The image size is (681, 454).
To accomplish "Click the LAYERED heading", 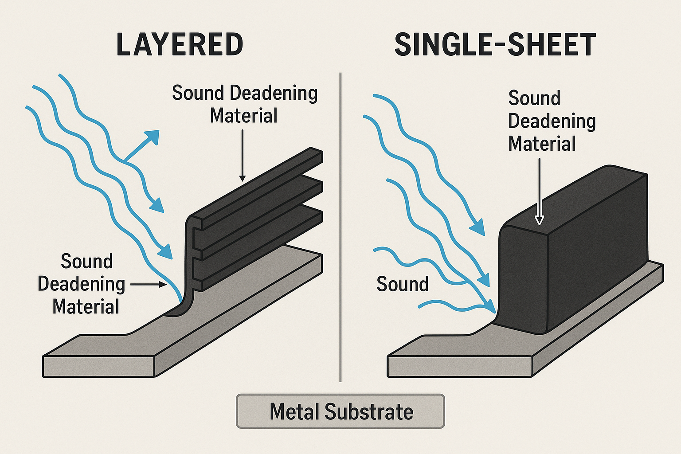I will [180, 44].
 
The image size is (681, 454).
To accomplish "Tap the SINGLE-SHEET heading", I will [495, 44].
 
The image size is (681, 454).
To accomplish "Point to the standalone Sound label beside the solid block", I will [402, 284].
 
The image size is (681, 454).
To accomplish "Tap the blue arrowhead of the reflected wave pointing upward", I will [153, 136].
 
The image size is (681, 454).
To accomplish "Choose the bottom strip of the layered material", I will [262, 239].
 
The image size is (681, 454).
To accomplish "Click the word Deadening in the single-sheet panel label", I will [552, 121].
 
